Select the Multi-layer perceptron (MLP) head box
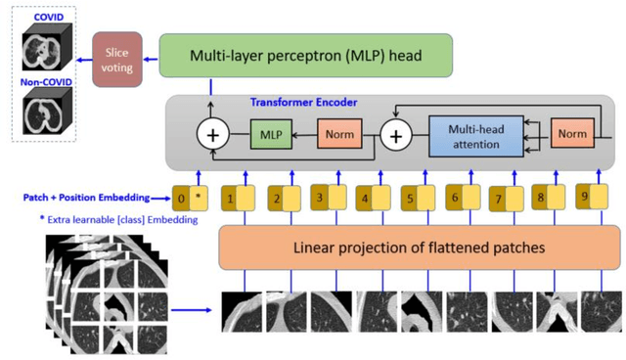pyautogui.click(x=305, y=56)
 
